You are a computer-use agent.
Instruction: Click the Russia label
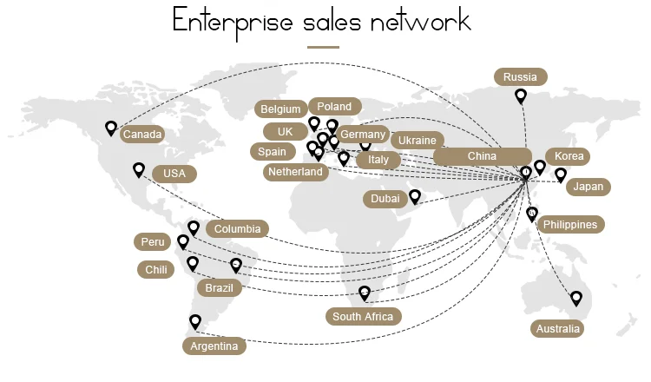pos(521,77)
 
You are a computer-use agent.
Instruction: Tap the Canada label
pos(141,135)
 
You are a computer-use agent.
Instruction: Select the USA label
pos(174,174)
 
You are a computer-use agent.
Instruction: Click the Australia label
pos(557,329)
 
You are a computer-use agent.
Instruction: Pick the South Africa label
pos(363,317)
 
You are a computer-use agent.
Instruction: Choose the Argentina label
pos(214,346)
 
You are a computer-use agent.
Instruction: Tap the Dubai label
pos(385,199)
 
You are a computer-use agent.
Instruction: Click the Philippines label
pos(570,225)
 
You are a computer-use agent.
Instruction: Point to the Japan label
pos(588,187)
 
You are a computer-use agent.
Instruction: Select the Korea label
pos(569,156)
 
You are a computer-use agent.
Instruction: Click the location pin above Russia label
pos(521,96)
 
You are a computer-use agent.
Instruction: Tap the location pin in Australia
pos(575,299)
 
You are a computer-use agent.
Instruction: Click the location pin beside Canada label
pos(111,128)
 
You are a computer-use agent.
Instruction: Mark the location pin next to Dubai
pos(415,196)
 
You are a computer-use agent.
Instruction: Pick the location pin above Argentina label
pos(194,321)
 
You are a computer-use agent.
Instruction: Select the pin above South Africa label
pos(365,293)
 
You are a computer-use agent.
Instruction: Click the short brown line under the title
pos(323,47)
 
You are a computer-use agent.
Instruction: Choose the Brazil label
pos(220,287)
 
